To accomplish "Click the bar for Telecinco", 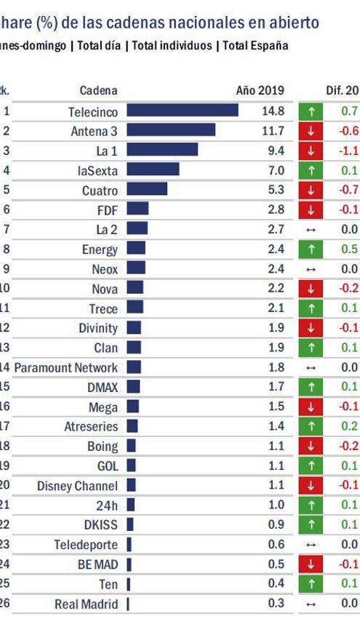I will pyautogui.click(x=183, y=111).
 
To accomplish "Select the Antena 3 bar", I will pyautogui.click(x=171, y=130).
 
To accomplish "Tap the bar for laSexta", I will pyautogui.click(x=153, y=169).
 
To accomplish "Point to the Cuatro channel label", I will pyautogui.click(x=100, y=190).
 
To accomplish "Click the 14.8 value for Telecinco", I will pyautogui.click(x=273, y=111).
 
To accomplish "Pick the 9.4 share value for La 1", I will pyautogui.click(x=276, y=150).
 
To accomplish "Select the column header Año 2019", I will pyautogui.click(x=260, y=91).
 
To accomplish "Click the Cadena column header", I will pyautogui.click(x=98, y=91).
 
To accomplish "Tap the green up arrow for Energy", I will pyautogui.click(x=311, y=249).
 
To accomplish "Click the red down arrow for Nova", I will pyautogui.click(x=311, y=288).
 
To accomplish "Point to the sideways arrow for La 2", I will pyautogui.click(x=311, y=229).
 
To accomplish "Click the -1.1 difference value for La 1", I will pyautogui.click(x=349, y=150).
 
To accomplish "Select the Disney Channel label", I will pyautogui.click(x=77, y=485).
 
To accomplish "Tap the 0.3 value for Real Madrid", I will pyautogui.click(x=276, y=603).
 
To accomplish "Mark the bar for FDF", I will pyautogui.click(x=137, y=209).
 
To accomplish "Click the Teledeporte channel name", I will pyautogui.click(x=86, y=544).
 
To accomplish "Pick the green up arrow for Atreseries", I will pyautogui.click(x=311, y=426).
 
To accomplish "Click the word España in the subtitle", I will pyautogui.click(x=267, y=45).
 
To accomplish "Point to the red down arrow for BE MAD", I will pyautogui.click(x=311, y=564).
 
